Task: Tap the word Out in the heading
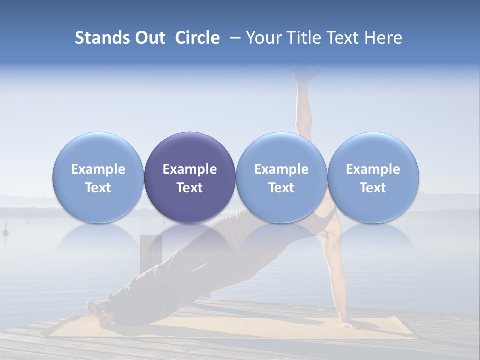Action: pos(149,38)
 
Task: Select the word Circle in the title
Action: pos(197,38)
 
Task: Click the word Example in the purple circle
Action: pos(190,169)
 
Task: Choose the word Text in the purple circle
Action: pos(190,188)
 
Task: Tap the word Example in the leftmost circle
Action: pos(98,169)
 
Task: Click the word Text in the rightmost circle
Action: pos(373,188)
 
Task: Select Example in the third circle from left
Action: pos(281,169)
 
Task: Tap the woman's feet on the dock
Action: pos(95,307)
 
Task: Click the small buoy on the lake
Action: pos(6,232)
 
